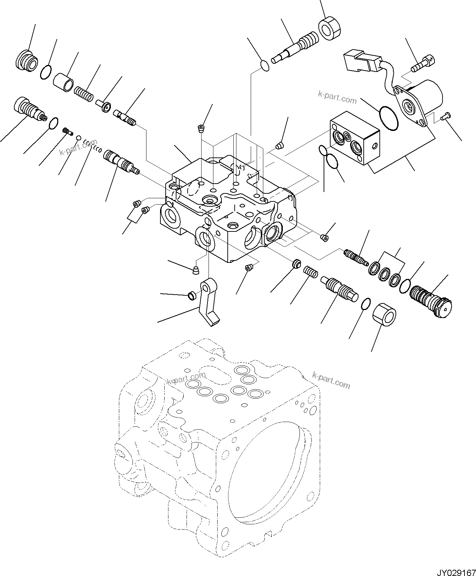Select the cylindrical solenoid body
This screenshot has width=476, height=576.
click(x=426, y=94)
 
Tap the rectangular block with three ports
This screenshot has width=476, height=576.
click(x=355, y=138)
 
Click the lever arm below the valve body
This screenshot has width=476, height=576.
click(x=210, y=304)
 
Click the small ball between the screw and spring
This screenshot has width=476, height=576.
click(x=79, y=138)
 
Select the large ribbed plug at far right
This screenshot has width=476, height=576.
click(x=431, y=301)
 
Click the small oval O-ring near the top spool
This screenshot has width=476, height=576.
click(x=265, y=66)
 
